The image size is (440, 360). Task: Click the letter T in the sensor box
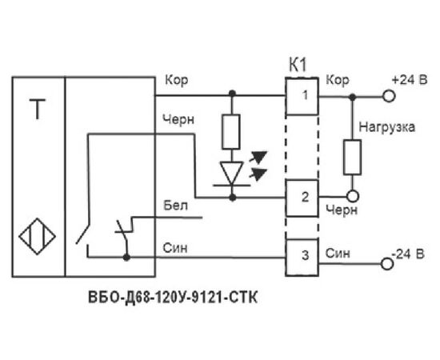pos(38,109)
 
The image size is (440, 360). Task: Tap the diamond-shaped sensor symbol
pos(37,236)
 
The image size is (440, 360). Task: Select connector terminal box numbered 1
pos(302,96)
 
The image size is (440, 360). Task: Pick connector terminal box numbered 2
pos(302,198)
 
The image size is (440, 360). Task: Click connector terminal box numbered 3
pos(302,258)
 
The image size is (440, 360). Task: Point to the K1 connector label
pos(298,66)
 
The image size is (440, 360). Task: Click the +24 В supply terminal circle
pos(389,97)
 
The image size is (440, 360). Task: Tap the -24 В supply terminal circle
pos(387,264)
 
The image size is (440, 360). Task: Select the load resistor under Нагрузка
pos(353,157)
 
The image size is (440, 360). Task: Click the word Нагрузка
pos(386,127)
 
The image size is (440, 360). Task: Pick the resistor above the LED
pos(231,131)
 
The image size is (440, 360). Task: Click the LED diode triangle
pos(232,173)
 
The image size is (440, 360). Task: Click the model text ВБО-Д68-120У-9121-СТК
pos(173,298)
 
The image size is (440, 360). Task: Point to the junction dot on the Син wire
pos(127,257)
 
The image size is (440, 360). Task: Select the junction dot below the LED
pos(232,198)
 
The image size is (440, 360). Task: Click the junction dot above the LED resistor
pos(232,93)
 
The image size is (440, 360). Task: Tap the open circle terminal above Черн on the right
pos(353,196)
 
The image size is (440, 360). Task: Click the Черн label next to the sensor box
pos(178,120)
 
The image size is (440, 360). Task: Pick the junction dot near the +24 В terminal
pos(353,97)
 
